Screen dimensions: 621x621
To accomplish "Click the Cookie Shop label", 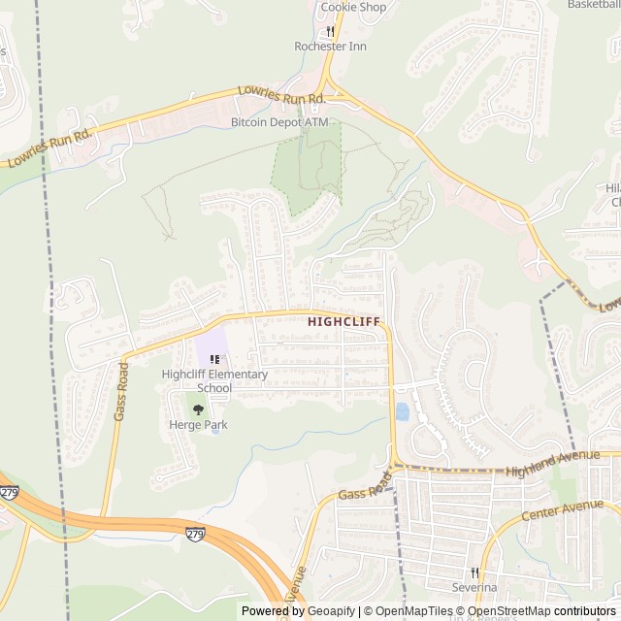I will click(353, 7).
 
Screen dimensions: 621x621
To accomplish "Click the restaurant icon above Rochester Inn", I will click(330, 31).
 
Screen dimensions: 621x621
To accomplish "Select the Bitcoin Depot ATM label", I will click(279, 122).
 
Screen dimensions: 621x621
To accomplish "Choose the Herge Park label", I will click(198, 425).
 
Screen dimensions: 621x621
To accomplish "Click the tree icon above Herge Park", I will click(199, 409).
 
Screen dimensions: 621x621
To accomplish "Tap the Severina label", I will click(474, 587).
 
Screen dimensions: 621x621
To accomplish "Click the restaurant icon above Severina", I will click(475, 572).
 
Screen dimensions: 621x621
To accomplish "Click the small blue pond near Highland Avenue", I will click(402, 411).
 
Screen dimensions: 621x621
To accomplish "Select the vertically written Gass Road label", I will click(121, 391).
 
